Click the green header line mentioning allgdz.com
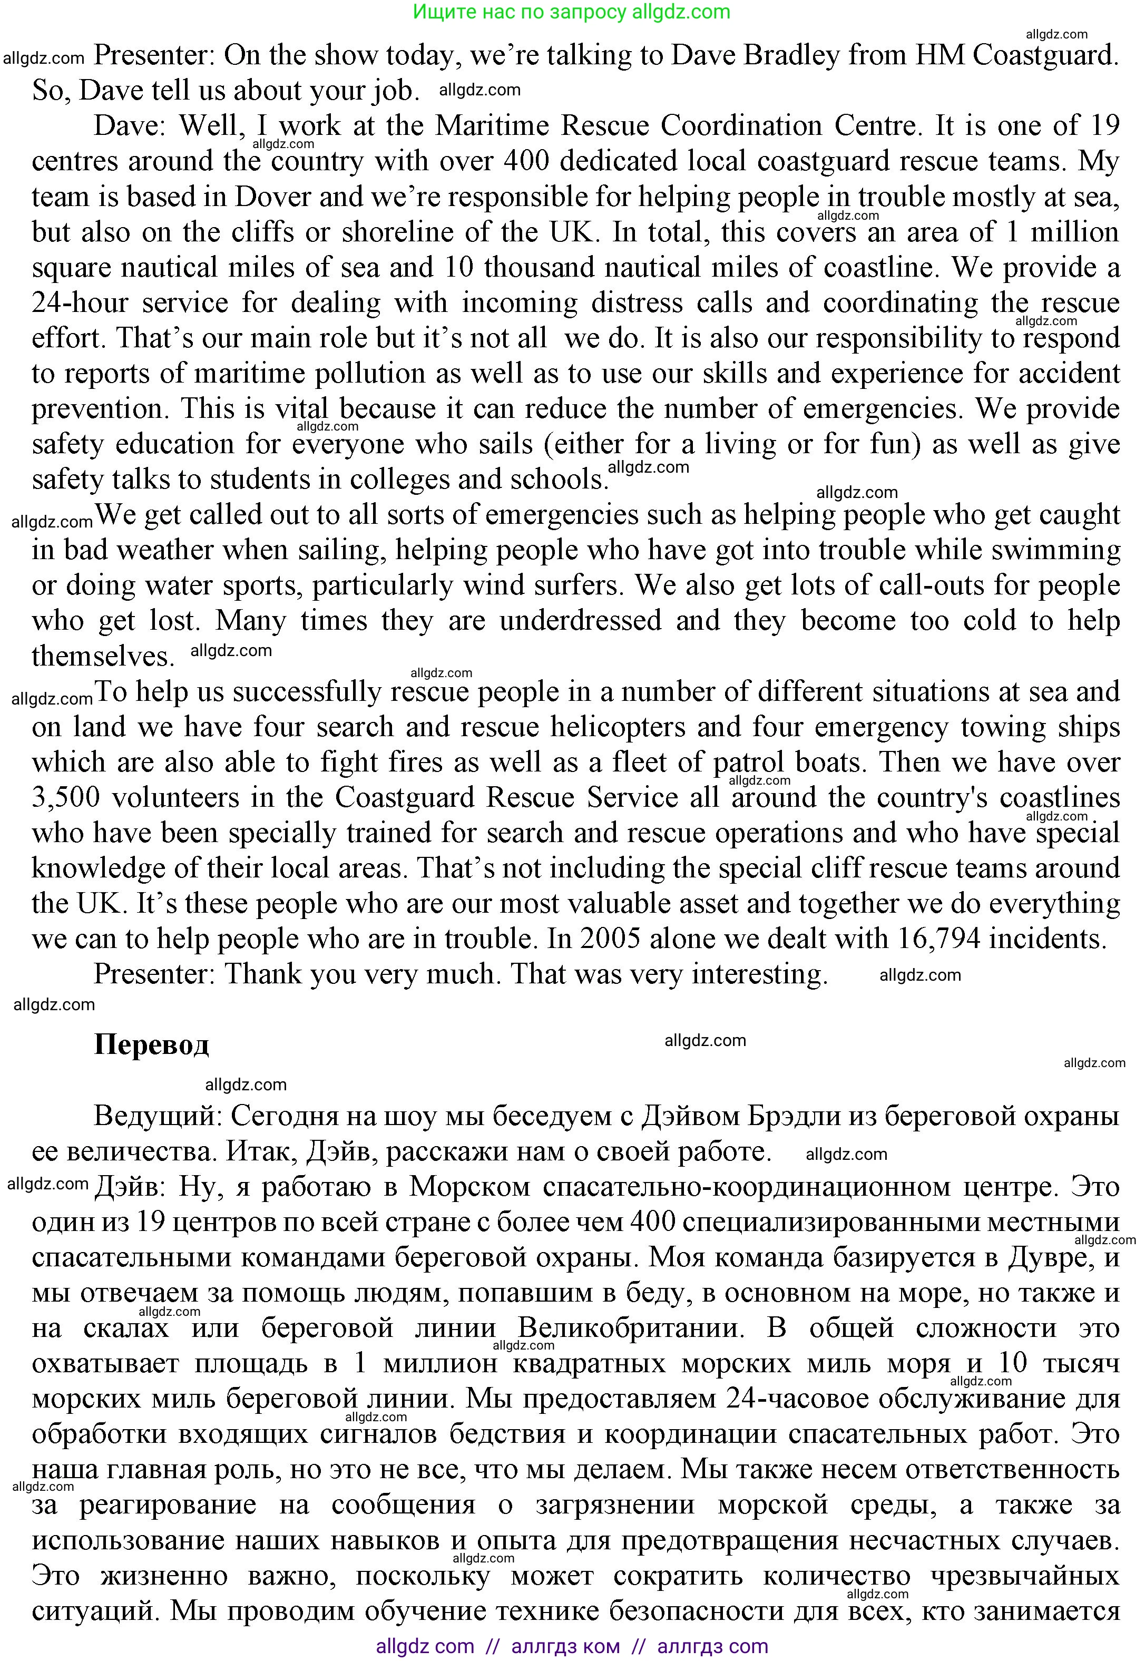click(572, 12)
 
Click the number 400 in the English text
click(526, 161)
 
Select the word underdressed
click(580, 621)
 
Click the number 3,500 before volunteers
click(66, 798)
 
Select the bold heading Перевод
click(151, 1044)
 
